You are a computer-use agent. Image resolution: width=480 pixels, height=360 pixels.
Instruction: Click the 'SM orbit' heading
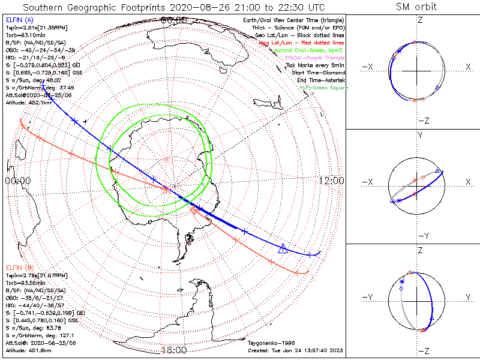pos(416,7)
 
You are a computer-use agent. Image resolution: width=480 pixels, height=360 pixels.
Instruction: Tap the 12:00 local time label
pos(332,181)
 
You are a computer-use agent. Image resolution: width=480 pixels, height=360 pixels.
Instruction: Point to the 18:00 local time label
pos(173,350)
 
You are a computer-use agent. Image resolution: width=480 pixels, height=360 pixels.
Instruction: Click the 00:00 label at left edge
pos(18,181)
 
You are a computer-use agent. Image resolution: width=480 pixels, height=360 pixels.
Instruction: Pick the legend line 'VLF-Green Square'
pos(323,88)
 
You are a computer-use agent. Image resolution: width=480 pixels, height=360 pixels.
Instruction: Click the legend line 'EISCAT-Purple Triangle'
pos(316,58)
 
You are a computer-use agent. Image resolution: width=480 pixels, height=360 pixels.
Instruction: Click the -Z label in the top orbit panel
pos(422,121)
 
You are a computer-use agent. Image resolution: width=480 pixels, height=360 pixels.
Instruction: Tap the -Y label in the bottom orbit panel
pos(368,297)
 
